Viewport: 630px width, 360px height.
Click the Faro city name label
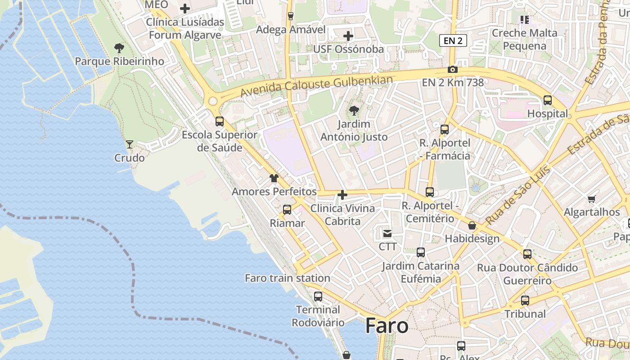coord(387,325)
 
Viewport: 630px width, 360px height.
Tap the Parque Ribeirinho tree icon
coord(119,48)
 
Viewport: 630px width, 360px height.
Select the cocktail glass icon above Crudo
coord(130,144)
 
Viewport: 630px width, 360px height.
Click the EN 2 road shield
coord(453,41)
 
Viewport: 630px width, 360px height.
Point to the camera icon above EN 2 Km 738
coord(453,69)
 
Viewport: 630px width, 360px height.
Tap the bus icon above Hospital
coord(548,100)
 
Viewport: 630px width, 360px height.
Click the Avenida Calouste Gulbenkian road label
coord(317,86)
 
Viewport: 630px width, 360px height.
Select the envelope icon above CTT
coord(387,233)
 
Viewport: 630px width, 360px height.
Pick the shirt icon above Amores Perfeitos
coord(274,178)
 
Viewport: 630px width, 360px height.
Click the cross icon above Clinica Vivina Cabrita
coord(342,195)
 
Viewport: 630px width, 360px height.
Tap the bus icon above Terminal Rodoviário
coord(318,296)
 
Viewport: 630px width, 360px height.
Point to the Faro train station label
coord(288,278)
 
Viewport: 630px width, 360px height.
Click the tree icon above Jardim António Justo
coord(354,110)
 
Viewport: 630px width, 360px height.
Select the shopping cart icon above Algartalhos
coord(592,199)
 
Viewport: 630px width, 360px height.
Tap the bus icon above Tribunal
coord(525,301)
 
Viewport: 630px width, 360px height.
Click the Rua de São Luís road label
coord(518,196)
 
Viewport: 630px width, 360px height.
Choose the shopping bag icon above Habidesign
coord(472,225)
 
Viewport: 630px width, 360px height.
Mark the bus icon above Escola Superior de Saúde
coord(220,121)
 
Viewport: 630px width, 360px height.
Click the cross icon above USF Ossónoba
coord(348,36)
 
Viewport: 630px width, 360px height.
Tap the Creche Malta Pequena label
coord(524,39)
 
